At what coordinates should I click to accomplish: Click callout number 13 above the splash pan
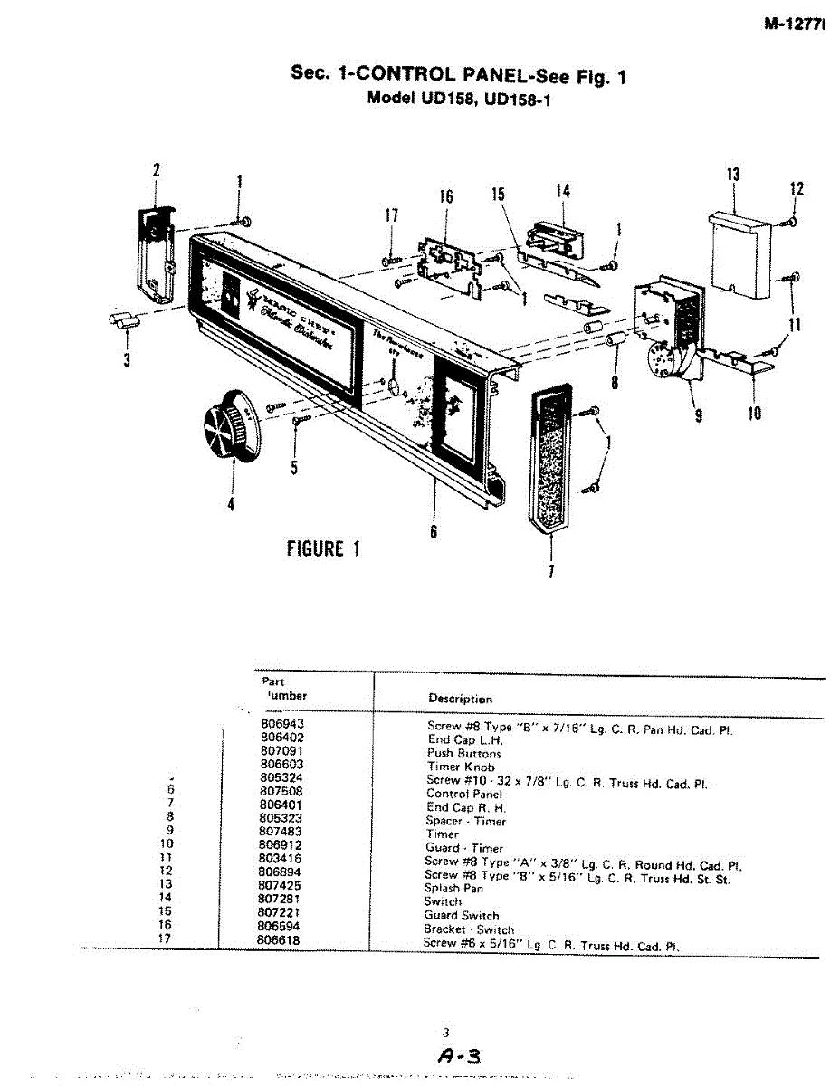(733, 175)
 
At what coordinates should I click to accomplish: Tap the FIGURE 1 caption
(322, 548)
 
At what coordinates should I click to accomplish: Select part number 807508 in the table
(280, 794)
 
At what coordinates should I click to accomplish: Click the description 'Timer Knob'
(461, 767)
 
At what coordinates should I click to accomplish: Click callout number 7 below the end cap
(551, 571)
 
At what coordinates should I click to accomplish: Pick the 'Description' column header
(460, 699)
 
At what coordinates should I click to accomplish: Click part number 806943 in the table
(281, 726)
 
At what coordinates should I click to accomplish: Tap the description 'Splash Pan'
(455, 888)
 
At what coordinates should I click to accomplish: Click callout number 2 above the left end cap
(156, 169)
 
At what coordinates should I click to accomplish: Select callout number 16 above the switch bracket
(446, 196)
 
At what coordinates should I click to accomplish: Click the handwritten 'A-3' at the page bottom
(458, 1055)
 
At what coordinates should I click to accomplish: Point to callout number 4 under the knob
(231, 504)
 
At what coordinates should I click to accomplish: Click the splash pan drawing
(737, 252)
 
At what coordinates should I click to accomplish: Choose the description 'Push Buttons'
(463, 753)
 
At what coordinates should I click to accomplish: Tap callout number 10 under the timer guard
(754, 414)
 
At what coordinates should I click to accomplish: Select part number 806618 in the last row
(280, 941)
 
